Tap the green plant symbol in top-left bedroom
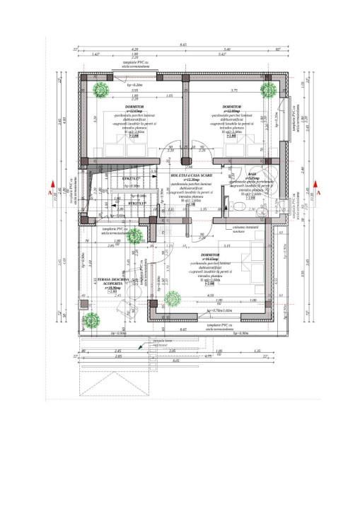(100, 89)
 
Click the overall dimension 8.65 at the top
(183, 45)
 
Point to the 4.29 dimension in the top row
(134, 49)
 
